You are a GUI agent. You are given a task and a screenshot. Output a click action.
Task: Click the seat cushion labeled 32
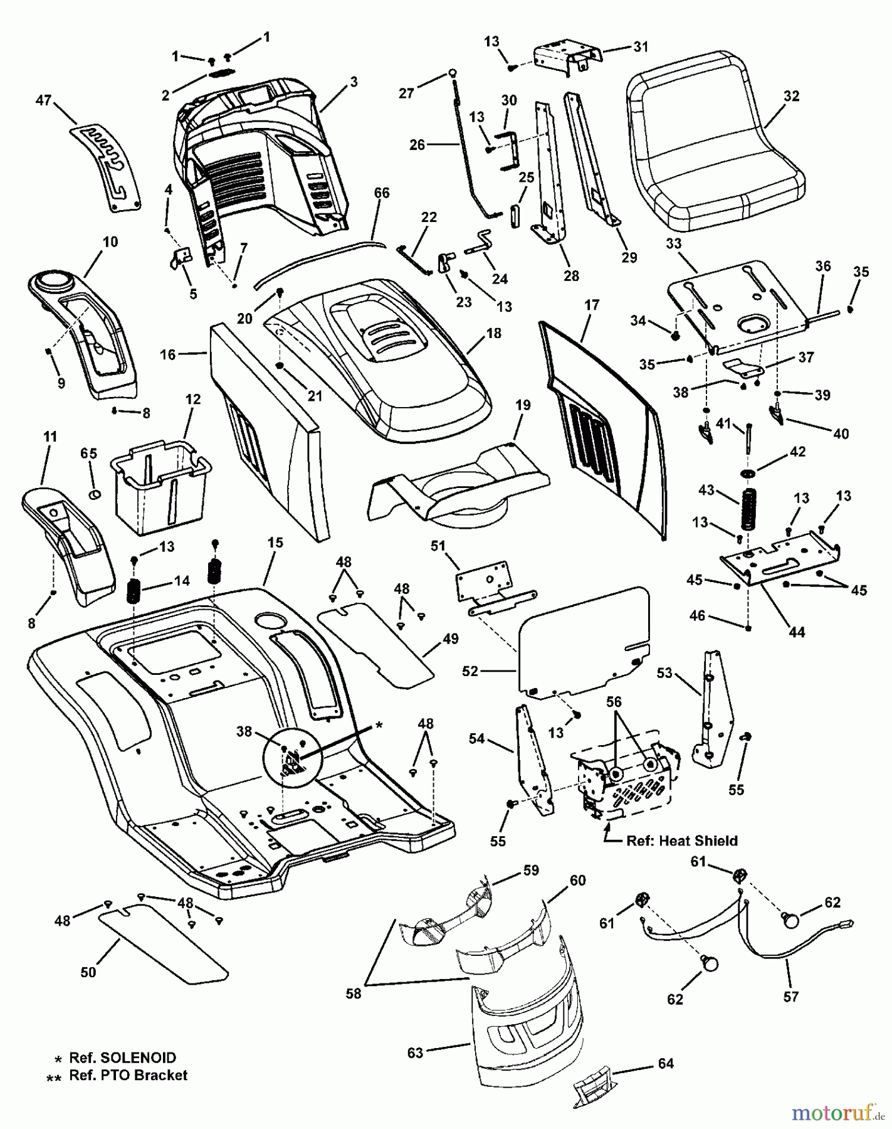[715, 157]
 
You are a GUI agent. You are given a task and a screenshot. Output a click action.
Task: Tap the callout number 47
[43, 100]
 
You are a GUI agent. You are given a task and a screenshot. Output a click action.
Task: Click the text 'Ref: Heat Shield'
[682, 840]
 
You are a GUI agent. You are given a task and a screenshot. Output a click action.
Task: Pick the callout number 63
[416, 1052]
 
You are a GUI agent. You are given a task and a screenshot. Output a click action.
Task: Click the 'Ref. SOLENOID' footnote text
[122, 1058]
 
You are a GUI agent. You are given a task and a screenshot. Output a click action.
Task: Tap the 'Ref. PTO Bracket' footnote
[128, 1075]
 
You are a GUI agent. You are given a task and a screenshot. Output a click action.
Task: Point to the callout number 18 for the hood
[494, 333]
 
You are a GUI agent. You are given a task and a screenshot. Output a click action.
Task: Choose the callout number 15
[275, 543]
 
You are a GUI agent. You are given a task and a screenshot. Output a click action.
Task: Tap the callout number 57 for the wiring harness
[791, 996]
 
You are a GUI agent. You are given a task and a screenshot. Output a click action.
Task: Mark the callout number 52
[470, 671]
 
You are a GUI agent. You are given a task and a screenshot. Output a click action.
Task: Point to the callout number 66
[382, 193]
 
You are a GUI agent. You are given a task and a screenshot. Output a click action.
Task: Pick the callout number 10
[110, 241]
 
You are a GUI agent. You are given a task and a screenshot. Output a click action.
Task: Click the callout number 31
[641, 46]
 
